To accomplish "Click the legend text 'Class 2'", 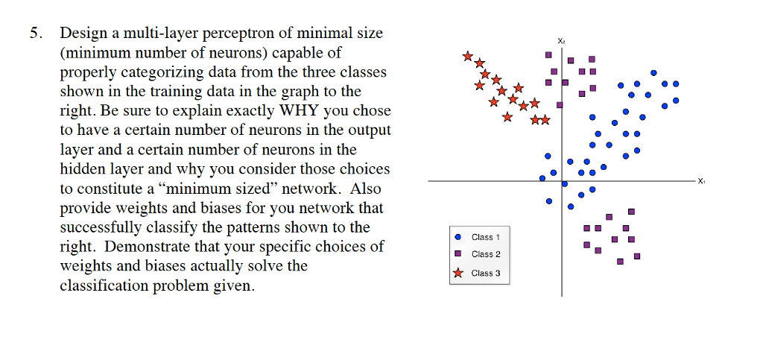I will click(486, 255).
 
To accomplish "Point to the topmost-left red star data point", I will click(467, 56).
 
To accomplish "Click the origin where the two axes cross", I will click(562, 181).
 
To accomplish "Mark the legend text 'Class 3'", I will click(486, 273).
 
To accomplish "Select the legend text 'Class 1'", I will click(486, 237).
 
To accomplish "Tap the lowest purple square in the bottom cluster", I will click(620, 262).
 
